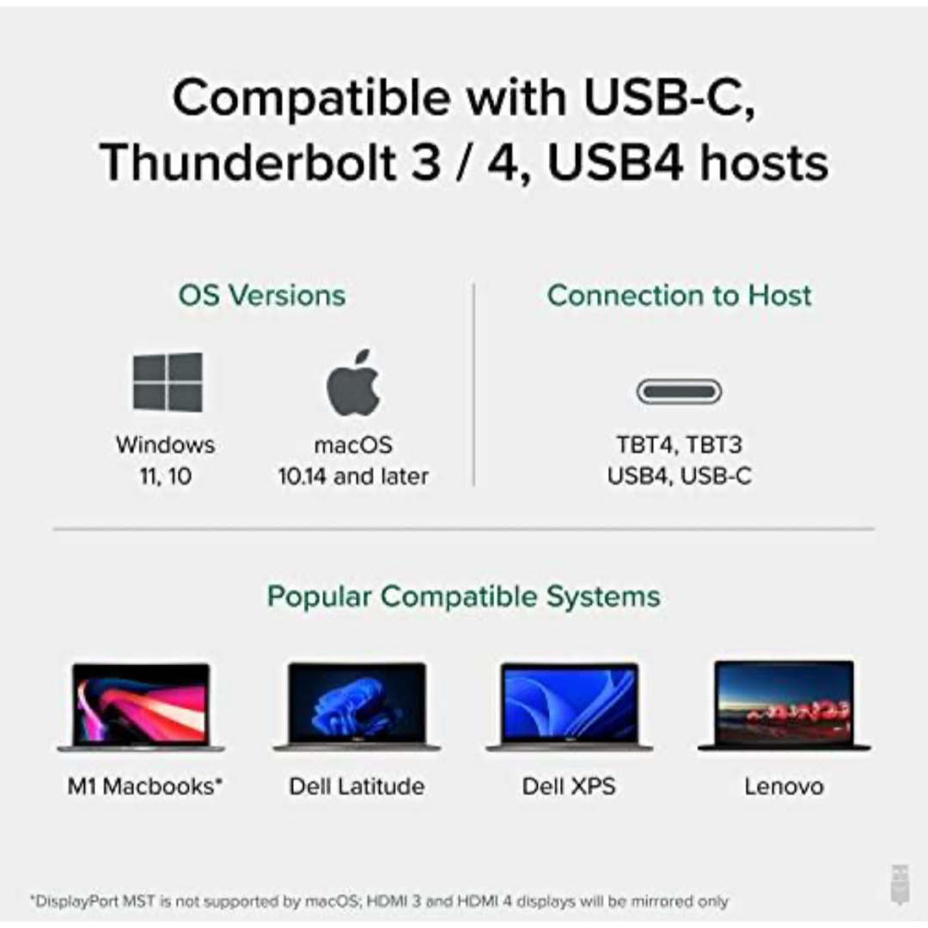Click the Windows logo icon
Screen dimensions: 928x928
point(168,382)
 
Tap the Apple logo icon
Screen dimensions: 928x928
point(353,383)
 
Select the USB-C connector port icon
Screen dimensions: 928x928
point(679,391)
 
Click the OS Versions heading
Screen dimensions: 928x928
point(262,296)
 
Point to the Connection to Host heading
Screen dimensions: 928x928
point(679,296)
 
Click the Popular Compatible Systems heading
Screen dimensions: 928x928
point(464,596)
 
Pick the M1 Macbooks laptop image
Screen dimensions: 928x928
point(141,707)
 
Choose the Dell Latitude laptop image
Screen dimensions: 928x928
point(357,706)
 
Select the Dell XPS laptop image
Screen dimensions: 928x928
point(570,706)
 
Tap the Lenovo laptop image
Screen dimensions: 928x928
point(785,705)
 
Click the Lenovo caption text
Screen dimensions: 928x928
point(785,786)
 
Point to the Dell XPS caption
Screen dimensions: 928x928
point(569,786)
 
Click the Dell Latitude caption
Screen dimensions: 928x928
point(357,786)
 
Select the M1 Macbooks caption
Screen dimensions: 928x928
point(145,786)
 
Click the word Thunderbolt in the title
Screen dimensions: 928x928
point(248,162)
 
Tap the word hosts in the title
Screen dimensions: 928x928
point(764,162)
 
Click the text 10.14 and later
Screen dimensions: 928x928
point(353,476)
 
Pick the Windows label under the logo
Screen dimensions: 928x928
point(166,445)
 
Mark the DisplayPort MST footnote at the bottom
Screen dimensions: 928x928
point(379,901)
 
